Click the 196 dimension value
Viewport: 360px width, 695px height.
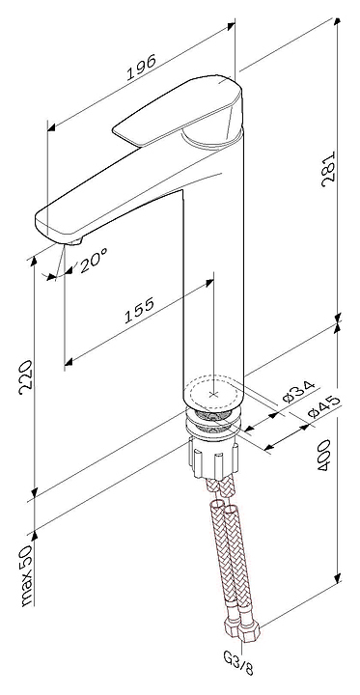pos(142,68)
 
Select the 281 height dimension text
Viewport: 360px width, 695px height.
pos(329,169)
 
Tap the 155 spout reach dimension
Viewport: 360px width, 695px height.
pos(139,310)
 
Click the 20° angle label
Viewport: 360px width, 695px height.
pos(94,262)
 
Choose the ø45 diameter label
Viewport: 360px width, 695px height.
pos(324,406)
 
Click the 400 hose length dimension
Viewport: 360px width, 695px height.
pos(324,455)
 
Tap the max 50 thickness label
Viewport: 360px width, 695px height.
pos(26,574)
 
